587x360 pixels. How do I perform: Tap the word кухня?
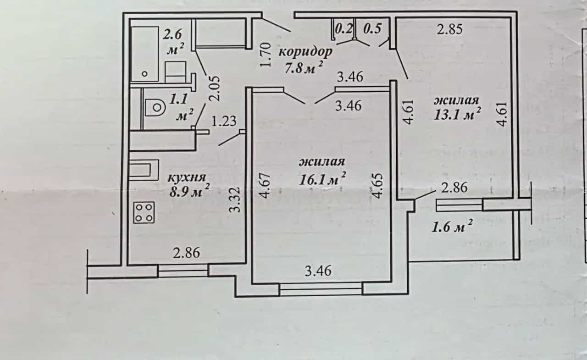[x=187, y=178]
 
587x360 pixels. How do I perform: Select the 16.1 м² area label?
[x=322, y=179]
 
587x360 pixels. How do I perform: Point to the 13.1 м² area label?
[x=457, y=114]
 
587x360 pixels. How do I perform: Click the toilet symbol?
[x=155, y=107]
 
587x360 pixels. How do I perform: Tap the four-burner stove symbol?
[x=144, y=212]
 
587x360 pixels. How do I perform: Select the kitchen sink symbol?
[x=144, y=170]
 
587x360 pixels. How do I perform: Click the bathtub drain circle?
[x=144, y=74]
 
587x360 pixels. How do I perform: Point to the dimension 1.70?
[x=265, y=55]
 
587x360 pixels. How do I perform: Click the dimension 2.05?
[x=214, y=89]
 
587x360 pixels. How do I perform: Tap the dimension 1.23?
[x=223, y=121]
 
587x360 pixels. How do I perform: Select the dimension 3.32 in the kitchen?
[x=234, y=199]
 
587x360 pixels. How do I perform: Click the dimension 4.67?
[x=264, y=186]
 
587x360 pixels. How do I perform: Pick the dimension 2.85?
[x=450, y=29]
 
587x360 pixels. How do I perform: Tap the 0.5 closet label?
[x=372, y=28]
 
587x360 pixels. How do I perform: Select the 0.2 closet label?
[x=344, y=28]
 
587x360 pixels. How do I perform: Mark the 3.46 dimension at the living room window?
[x=318, y=271]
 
